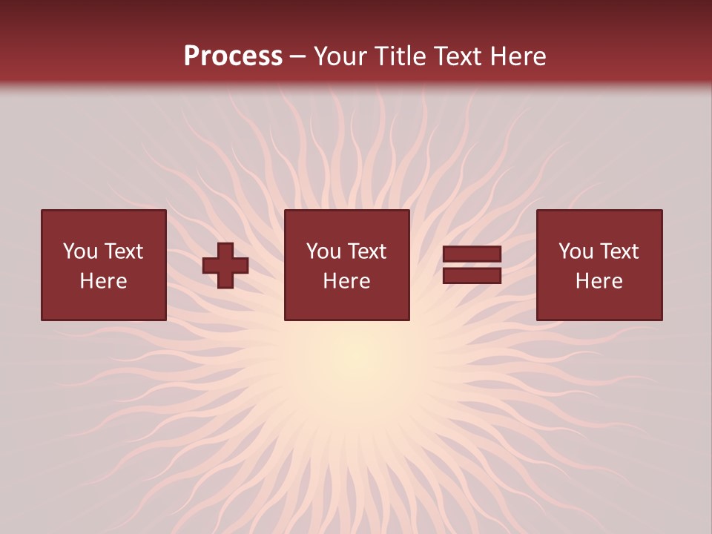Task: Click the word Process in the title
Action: click(x=233, y=56)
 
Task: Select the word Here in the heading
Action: click(x=512, y=56)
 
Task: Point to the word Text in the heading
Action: click(x=455, y=56)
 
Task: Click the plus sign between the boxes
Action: click(x=225, y=266)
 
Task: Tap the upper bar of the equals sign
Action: click(x=472, y=254)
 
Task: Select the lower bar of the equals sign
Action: click(x=472, y=275)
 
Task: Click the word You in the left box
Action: click(x=80, y=251)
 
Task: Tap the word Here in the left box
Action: click(x=104, y=281)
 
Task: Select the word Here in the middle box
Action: click(x=347, y=281)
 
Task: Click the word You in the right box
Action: click(x=576, y=251)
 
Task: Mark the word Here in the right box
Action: click(x=599, y=281)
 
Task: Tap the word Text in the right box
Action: click(x=618, y=251)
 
